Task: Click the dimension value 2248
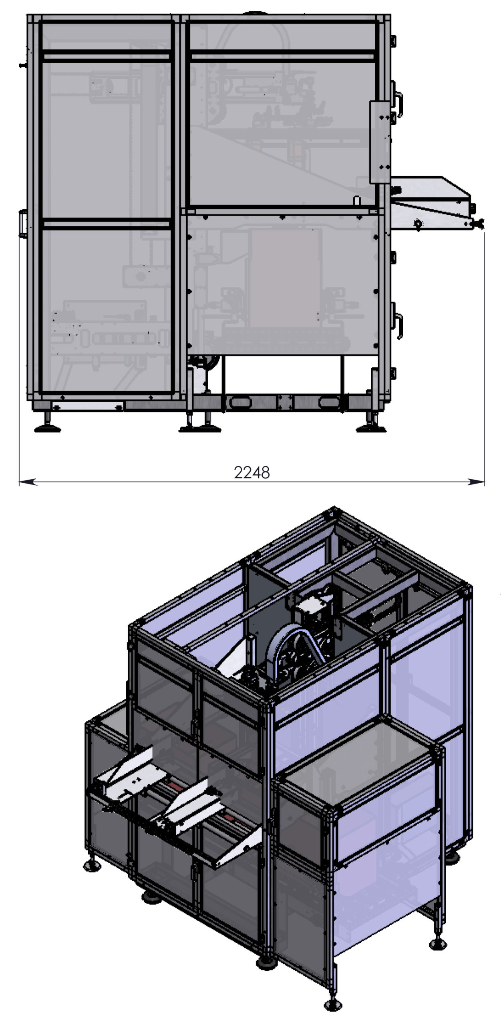[252, 472]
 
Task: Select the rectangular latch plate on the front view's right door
[379, 142]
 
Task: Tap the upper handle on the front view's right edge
[398, 101]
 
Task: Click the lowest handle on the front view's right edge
[398, 325]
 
